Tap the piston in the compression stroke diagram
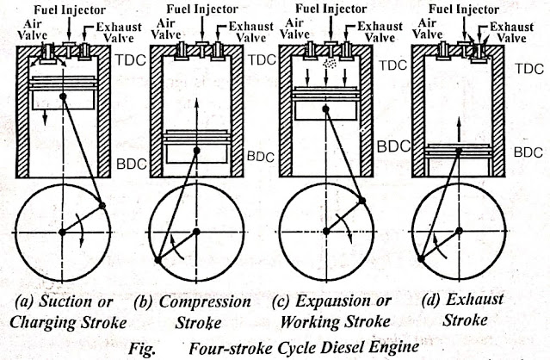tap(195, 146)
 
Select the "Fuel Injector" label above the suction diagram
tap(65, 9)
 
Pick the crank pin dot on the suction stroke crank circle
tap(105, 205)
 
